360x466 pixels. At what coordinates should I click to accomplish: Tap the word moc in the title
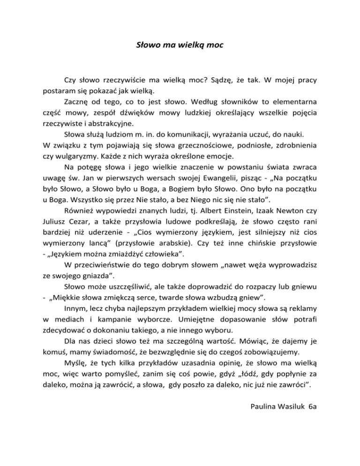[x=215, y=46]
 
